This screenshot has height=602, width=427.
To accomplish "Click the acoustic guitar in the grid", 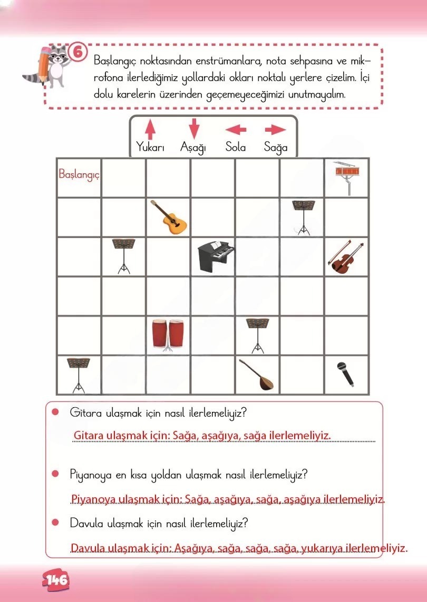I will point(168,217).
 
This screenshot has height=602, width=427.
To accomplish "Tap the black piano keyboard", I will point(216,256).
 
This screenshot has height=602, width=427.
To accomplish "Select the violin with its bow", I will point(346,256).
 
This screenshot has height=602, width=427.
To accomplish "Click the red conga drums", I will point(168,335).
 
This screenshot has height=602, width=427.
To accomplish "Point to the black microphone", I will point(344,373).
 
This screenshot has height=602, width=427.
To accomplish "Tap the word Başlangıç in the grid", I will point(79,173).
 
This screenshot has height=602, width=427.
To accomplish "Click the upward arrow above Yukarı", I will point(150,129).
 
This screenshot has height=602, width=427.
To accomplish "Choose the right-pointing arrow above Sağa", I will point(275,130).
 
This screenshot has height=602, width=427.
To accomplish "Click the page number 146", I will point(56,580).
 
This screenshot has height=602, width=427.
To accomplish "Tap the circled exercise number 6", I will point(77,52).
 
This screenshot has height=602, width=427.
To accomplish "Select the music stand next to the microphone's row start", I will point(77,374).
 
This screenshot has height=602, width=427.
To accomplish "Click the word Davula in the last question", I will point(84,524).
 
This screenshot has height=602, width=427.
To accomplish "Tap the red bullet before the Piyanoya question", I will point(54,474).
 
